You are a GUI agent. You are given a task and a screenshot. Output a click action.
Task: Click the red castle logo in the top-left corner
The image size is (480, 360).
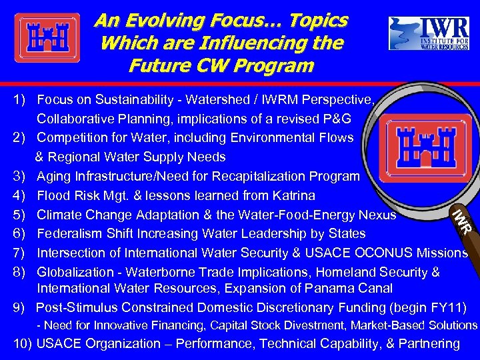pos(47,38)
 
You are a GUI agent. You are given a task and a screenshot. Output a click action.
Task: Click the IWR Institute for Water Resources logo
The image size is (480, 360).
pos(429,33)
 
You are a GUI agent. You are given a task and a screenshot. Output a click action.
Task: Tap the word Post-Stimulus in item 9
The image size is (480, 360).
pos(75,307)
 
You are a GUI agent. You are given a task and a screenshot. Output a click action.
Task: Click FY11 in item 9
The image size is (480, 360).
pos(451,307)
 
